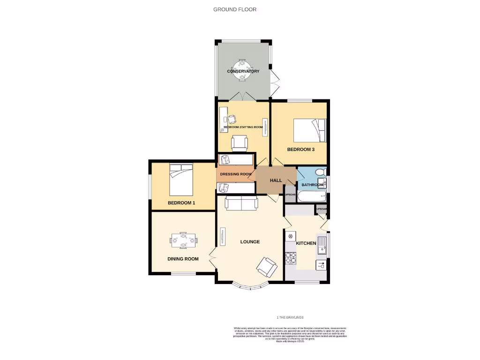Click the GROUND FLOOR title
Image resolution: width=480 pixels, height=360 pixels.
[235, 9]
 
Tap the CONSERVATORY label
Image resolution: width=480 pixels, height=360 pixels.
[243, 71]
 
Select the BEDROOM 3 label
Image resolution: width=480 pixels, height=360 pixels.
[300, 150]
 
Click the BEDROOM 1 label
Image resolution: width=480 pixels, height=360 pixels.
[181, 203]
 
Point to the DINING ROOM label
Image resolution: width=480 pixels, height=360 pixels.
[183, 259]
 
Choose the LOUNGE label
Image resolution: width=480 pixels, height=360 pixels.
[250, 242]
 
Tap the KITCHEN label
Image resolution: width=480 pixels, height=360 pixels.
[306, 243]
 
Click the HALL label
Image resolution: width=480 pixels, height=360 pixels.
[276, 180]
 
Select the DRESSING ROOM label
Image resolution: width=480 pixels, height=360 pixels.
[236, 174]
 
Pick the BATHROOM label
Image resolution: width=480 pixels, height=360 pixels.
[312, 185]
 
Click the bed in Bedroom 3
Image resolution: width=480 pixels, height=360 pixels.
[309, 130]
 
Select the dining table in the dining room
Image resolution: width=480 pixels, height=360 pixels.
[183, 240]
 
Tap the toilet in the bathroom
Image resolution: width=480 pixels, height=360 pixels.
[320, 172]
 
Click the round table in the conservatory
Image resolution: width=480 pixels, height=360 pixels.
[242, 68]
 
